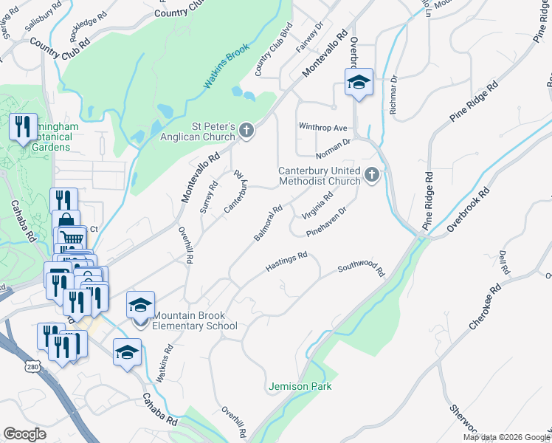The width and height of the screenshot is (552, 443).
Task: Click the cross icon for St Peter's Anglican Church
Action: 246,131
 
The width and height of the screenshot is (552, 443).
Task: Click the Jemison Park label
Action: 300,386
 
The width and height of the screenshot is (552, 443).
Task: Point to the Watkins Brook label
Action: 228,67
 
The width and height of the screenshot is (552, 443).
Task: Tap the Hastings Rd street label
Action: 286,261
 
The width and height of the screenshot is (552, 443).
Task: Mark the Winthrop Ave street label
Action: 322,127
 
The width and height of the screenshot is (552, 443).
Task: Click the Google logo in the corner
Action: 25,433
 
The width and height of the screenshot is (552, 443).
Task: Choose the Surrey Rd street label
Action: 209,196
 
